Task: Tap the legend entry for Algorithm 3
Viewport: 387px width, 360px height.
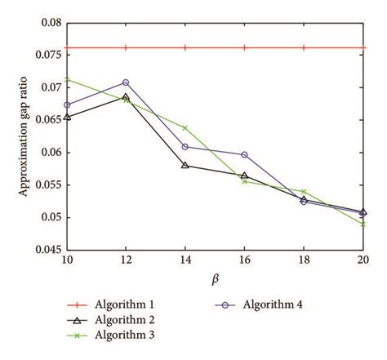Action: click(x=122, y=336)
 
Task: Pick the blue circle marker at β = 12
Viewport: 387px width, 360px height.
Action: click(x=126, y=82)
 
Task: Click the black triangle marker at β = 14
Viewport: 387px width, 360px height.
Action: click(x=185, y=165)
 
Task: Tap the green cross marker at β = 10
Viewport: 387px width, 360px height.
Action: click(x=67, y=79)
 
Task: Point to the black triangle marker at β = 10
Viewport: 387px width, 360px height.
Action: click(x=67, y=117)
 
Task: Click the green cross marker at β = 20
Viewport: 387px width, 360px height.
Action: click(x=363, y=224)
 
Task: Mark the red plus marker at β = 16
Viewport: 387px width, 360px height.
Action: click(x=244, y=48)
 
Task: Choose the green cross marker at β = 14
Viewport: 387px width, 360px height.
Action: click(x=185, y=128)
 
